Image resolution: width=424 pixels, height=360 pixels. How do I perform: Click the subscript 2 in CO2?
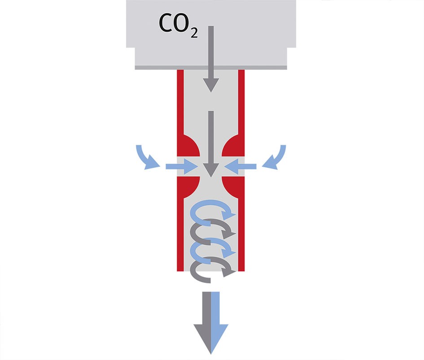tap(193, 34)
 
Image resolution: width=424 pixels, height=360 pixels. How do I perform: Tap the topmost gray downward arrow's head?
tap(211, 85)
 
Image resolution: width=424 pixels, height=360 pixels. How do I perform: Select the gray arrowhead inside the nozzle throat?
tap(211, 169)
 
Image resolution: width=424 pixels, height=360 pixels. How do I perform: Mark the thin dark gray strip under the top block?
tap(211, 68)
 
